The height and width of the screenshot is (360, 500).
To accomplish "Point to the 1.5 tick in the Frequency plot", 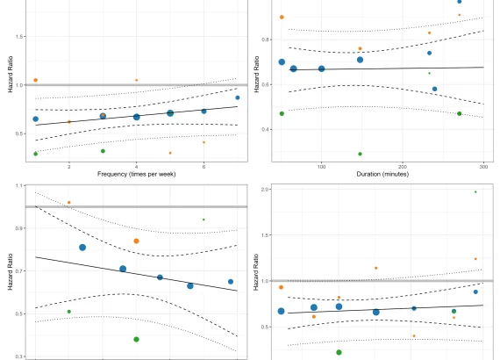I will pos(18,37).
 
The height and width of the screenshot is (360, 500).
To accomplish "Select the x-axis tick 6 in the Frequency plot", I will pos(204,166).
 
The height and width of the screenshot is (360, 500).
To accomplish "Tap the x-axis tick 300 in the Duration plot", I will pos(483,166).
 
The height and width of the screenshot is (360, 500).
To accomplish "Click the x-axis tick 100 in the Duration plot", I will pos(321,166).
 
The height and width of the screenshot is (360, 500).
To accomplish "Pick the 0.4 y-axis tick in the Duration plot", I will pos(265,129).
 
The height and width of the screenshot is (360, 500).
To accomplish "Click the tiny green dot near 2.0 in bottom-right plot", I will pos(475,191).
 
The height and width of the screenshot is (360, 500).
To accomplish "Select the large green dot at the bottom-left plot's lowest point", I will pos(136,339).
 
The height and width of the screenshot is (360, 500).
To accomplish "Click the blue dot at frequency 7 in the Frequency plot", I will pos(237,98).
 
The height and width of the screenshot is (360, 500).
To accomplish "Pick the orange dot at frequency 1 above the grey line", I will pos(35,80).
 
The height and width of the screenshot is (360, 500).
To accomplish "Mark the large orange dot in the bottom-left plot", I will pos(136,241).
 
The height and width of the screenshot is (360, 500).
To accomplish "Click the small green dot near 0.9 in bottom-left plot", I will pos(204,220).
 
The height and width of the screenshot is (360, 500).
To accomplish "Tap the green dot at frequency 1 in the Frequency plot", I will pos(35,154).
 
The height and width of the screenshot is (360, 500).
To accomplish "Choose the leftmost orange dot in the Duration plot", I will pos(282,18).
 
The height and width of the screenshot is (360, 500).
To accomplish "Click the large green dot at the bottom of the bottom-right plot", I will pos(339,352).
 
